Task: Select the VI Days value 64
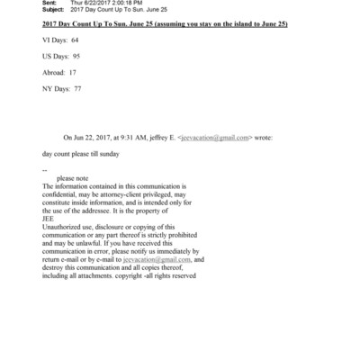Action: click(75, 42)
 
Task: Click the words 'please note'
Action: click(73, 178)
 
